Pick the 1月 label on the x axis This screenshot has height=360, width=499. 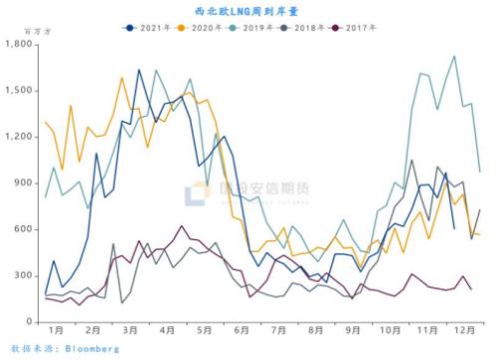tap(56, 329)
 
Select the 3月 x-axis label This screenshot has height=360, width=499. tap(130, 329)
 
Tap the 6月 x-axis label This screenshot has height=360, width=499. tap(242, 329)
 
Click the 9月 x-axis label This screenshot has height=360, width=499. tap(353, 329)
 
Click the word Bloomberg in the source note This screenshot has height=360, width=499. tap(93, 349)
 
